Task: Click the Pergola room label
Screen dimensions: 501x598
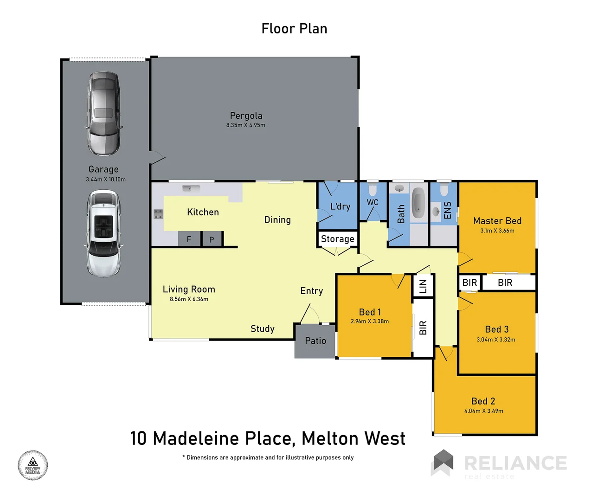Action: (246, 116)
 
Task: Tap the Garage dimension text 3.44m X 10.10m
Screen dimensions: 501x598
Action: (106, 180)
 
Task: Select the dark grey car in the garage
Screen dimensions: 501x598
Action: (104, 113)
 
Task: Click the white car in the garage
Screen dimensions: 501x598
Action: (103, 233)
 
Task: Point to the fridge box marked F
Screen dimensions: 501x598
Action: (189, 239)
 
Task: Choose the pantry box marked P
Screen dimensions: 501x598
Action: (212, 239)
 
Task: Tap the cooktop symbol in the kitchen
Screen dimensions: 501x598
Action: (158, 214)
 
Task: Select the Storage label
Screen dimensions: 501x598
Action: (337, 239)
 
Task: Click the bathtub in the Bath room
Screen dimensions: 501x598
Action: (418, 203)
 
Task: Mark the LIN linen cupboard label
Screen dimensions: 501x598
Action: (423, 286)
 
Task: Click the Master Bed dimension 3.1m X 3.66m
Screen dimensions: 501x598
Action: (497, 231)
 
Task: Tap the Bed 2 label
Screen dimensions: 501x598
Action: (483, 401)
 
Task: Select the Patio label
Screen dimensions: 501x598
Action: (315, 341)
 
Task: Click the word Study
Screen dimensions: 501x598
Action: (263, 329)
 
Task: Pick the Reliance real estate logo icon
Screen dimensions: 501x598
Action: (443, 462)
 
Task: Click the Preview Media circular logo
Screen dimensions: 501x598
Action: (33, 465)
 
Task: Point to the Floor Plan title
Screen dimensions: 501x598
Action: (294, 29)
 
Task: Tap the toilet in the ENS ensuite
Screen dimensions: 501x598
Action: (444, 190)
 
